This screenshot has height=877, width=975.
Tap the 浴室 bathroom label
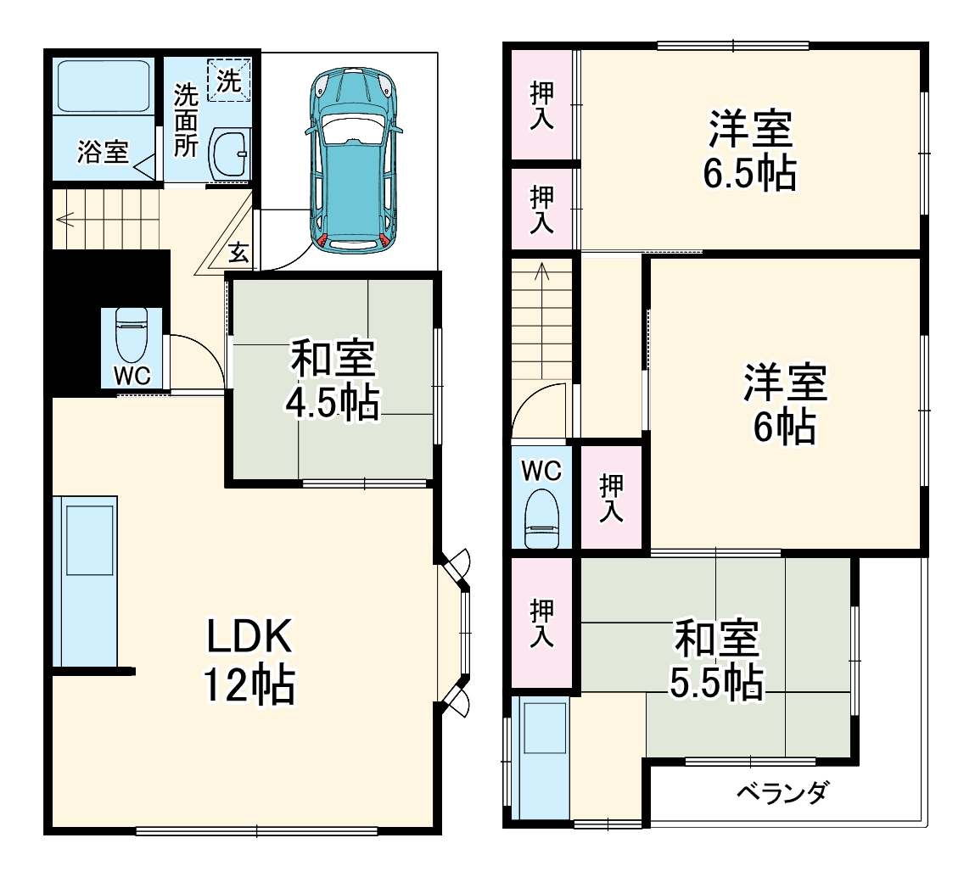pos(103,153)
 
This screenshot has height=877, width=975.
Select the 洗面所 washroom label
pos(186,120)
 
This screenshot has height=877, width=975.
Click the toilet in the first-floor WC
pos(132,335)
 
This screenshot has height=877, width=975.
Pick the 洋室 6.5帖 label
pos(749,152)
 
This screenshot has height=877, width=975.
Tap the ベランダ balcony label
pos(782,795)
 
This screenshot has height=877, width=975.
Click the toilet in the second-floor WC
pos(541,517)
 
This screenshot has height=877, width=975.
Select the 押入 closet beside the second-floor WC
pos(611,498)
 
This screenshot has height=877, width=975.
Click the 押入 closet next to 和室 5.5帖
pos(542,623)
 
